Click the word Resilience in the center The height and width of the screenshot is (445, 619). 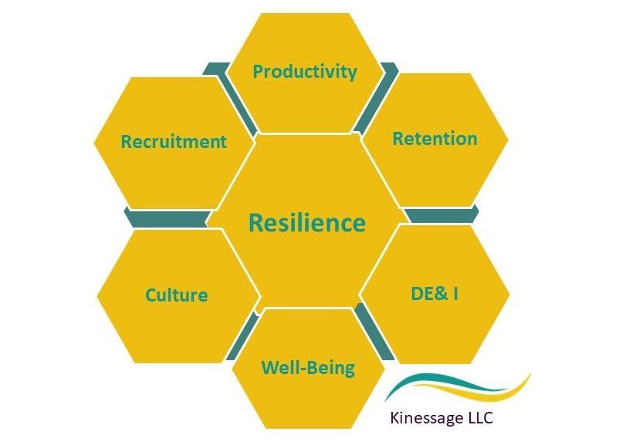coord(306,224)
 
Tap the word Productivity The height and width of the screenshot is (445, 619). coord(305,72)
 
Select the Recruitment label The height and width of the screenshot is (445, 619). coord(174,142)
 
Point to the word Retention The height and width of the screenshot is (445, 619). coord(435,139)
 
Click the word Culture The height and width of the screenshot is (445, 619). coord(176,295)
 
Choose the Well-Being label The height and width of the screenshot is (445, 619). coord(308,367)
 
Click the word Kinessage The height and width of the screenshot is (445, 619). coord(431,420)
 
